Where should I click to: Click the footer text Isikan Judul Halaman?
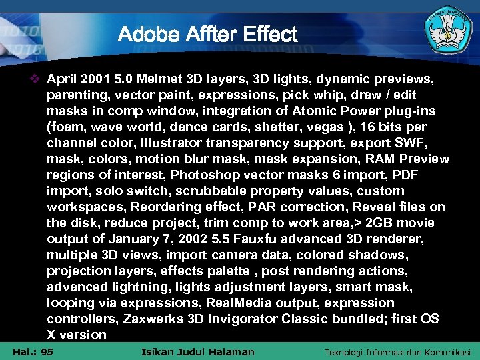pyautogui.click(x=199, y=352)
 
